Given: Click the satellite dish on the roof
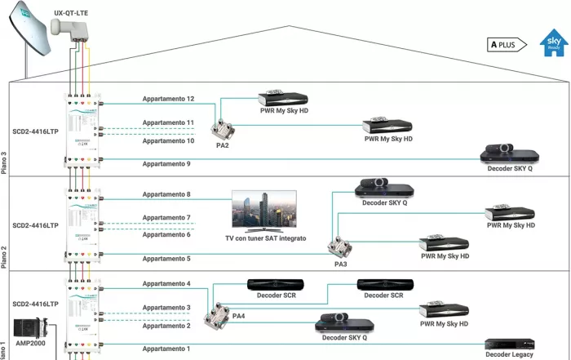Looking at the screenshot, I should pyautogui.click(x=28, y=36).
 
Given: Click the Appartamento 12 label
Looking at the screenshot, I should pyautogui.click(x=168, y=100).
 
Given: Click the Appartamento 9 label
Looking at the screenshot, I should pyautogui.click(x=166, y=164).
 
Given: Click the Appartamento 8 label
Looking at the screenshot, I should pyautogui.click(x=166, y=195).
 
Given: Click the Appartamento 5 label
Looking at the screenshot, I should pyautogui.click(x=166, y=259).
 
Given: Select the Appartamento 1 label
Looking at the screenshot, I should pyautogui.click(x=166, y=349).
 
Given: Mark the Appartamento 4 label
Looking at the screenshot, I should pyautogui.click(x=166, y=283).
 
